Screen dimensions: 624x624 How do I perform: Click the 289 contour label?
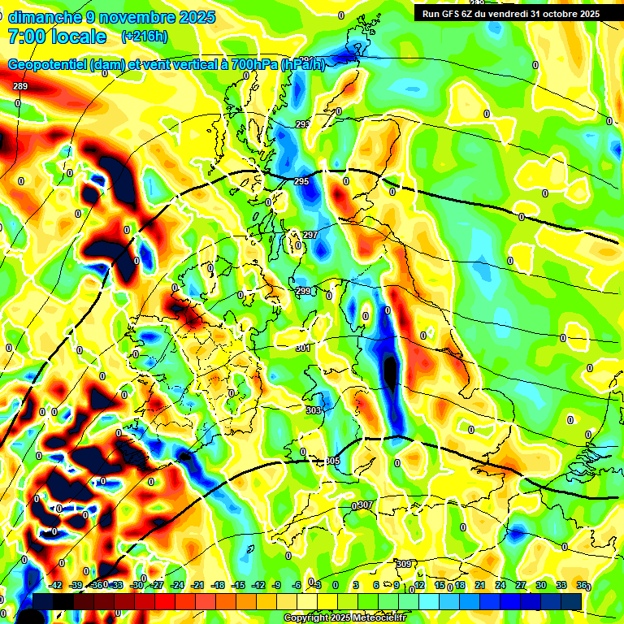pos(20,86)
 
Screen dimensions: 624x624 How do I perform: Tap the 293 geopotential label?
pos(303,124)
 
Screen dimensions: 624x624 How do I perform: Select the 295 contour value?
pos(301,181)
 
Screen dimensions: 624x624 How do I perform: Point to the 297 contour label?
pos(310,235)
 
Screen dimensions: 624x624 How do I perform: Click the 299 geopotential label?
pos(302,291)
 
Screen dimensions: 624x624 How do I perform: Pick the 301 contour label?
pos(303,348)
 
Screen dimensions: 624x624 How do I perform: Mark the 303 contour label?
pos(314,410)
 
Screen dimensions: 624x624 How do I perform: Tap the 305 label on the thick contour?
pos(332,461)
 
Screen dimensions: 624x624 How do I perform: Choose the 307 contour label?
pos(365,505)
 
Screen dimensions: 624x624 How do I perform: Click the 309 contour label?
pos(404,564)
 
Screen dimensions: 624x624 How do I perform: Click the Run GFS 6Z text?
pos(454,14)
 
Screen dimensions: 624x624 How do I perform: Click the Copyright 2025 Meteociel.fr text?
pos(344,618)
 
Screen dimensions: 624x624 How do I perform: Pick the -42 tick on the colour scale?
pos(56,585)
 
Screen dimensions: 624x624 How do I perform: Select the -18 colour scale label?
pos(218,585)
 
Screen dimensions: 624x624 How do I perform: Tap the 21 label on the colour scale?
pos(480,585)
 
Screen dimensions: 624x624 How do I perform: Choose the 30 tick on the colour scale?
pos(541,585)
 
